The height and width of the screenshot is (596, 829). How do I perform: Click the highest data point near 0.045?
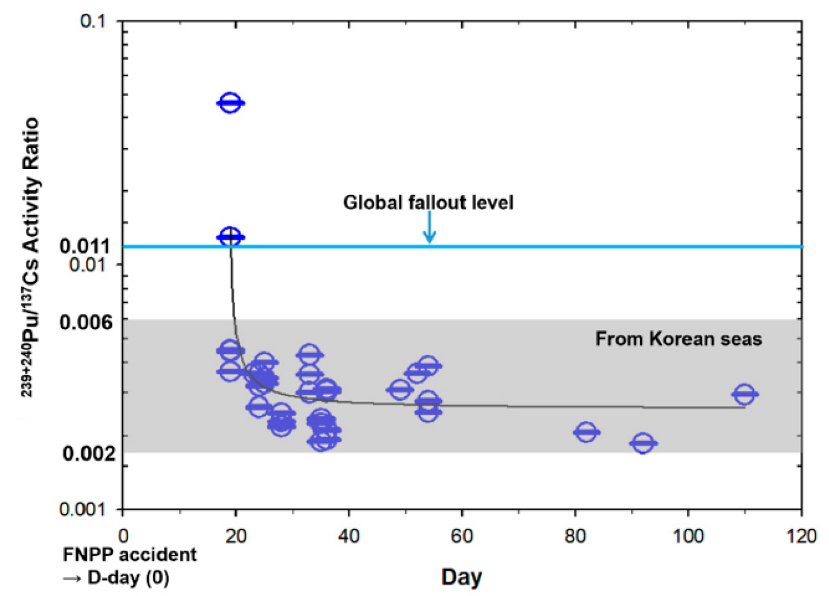230,103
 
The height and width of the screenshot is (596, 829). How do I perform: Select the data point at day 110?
744,394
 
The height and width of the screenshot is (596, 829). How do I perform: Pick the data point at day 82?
585,432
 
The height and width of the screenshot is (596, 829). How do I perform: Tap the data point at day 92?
643,443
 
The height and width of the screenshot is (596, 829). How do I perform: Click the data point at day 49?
399,389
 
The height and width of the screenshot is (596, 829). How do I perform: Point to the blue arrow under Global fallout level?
429,228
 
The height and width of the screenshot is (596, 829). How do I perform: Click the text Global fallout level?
428,202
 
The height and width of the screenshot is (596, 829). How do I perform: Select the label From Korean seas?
678,339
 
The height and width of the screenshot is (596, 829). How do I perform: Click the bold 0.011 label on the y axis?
85,246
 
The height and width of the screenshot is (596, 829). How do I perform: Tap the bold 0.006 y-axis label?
86,322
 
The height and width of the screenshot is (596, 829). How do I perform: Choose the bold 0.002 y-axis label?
88,453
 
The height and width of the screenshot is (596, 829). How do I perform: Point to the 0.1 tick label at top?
92,21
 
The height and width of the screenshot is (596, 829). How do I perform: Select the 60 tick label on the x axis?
462,536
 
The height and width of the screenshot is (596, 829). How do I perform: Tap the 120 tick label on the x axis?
801,536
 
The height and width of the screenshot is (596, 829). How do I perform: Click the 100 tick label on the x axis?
688,536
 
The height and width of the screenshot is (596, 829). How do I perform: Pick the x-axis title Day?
462,577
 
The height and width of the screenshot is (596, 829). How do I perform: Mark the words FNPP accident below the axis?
130,554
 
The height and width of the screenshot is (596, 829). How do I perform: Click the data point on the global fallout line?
230,237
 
